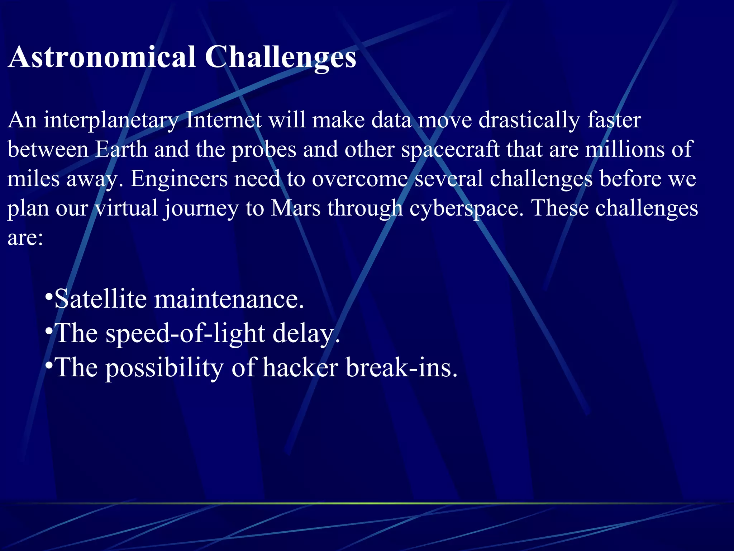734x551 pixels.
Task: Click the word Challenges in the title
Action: coord(280,57)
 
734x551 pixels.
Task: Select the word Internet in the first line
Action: coord(224,120)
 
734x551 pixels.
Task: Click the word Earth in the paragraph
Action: coord(121,150)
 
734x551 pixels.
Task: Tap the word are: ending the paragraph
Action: coord(25,238)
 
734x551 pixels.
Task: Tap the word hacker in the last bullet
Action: coord(300,368)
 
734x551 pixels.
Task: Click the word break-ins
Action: coord(401,368)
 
